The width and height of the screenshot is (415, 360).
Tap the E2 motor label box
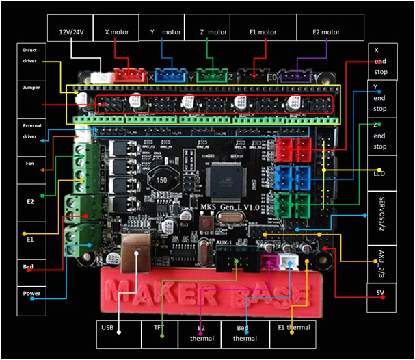point(325,31)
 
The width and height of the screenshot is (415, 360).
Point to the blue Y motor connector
point(168,75)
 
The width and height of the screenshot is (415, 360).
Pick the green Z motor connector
point(209,75)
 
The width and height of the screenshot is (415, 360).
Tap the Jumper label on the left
point(30,88)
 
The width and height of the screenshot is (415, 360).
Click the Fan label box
point(30,164)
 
